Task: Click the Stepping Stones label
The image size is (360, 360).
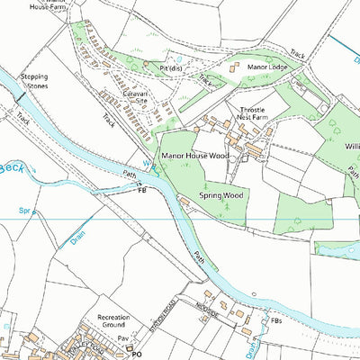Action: pos(34,81)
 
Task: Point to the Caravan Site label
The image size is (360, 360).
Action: pos(128,97)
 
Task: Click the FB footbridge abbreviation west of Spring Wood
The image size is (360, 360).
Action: pos(140,191)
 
